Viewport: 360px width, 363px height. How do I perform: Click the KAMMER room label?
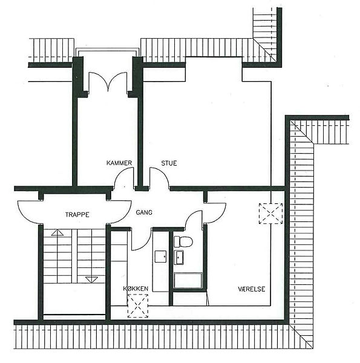[x=119, y=163]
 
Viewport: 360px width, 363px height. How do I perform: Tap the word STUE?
[x=169, y=163]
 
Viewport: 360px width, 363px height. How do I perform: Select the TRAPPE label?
[x=77, y=215]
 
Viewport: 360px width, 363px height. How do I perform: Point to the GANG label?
[x=144, y=212]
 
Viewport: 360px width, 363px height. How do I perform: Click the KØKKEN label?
[x=136, y=289]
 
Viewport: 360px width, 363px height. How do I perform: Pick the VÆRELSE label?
[x=252, y=289]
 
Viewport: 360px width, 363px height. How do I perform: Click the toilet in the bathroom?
[x=183, y=241]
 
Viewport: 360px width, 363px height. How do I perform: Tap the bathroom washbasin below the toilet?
[x=178, y=257]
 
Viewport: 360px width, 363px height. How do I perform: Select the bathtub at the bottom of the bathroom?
[x=188, y=281]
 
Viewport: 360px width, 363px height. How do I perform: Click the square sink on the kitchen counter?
[x=160, y=257]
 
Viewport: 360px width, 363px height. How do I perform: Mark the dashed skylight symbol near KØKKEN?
[x=138, y=306]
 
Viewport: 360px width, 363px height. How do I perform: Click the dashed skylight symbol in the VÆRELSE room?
[x=270, y=214]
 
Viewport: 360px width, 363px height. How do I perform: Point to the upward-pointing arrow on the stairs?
[x=57, y=233]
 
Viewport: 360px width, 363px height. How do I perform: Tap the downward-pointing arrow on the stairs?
[x=92, y=280]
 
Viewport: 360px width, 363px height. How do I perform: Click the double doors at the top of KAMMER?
[x=108, y=82]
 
